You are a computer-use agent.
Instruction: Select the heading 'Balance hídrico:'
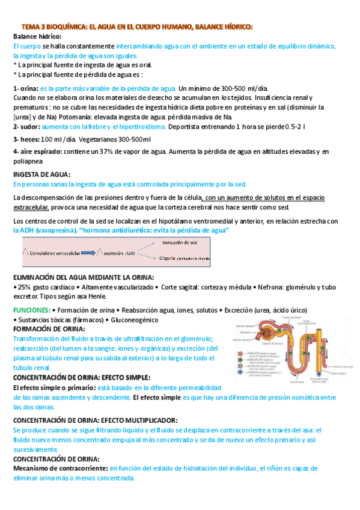tap(34, 36)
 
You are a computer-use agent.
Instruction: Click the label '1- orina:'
tap(26, 88)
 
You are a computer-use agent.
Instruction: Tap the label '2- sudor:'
tap(26, 127)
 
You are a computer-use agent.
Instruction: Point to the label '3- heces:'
tap(26, 140)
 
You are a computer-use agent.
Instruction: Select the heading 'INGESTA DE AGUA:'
tap(41, 174)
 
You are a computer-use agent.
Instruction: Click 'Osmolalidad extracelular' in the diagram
tap(53, 253)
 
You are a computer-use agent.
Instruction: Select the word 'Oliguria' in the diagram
tap(169, 259)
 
